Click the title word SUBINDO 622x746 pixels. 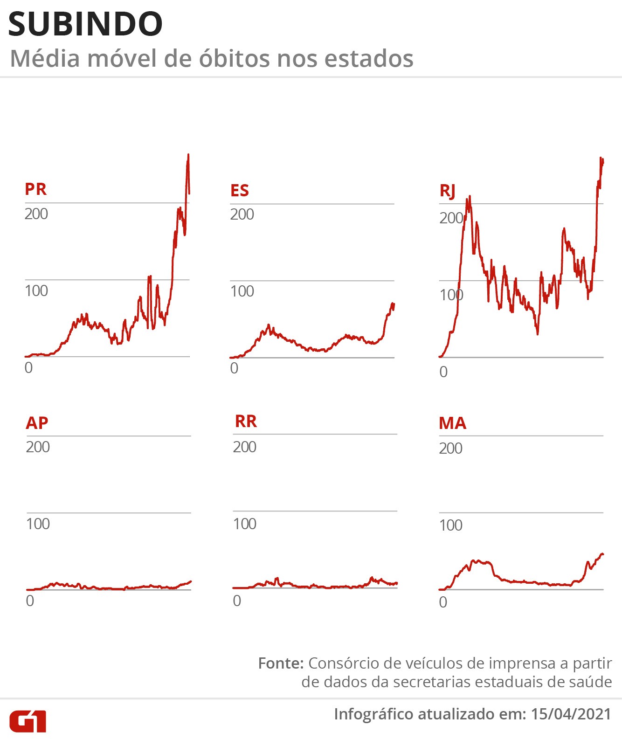[85, 24]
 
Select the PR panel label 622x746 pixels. [35, 189]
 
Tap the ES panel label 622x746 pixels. [240, 190]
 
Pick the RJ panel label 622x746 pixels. [447, 191]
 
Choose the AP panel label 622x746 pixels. [37, 423]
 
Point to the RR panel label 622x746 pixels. [246, 421]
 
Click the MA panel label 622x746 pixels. [452, 423]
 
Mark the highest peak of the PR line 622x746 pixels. [188, 155]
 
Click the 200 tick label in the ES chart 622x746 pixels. [242, 214]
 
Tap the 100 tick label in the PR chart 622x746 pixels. [36, 291]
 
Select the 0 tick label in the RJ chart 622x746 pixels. [443, 372]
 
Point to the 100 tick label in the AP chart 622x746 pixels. [38, 524]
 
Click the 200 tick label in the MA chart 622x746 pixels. [450, 449]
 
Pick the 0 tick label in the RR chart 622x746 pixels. [237, 601]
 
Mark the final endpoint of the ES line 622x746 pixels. [394, 304]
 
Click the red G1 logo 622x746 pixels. [28, 721]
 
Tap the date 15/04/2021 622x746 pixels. [570, 714]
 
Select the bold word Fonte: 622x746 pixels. [281, 663]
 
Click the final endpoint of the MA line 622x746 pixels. [603, 554]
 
